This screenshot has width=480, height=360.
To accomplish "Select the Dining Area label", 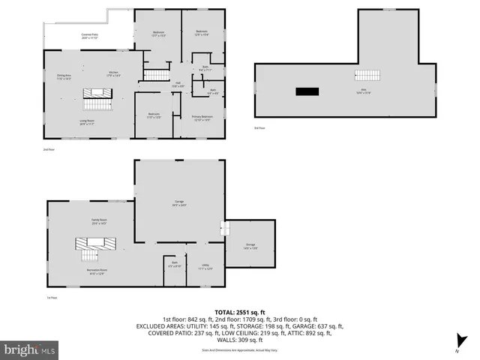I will (x=64, y=76).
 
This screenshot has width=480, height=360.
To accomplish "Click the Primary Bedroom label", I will (x=202, y=118).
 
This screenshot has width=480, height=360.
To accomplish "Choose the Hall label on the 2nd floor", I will (x=178, y=84).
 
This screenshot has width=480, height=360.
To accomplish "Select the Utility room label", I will (x=205, y=266).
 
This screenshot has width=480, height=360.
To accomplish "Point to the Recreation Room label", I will (x=96, y=272).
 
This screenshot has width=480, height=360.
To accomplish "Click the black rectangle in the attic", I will (x=307, y=91).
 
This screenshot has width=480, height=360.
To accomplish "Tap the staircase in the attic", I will (x=367, y=76).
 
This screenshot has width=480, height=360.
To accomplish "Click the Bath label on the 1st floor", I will (x=173, y=264).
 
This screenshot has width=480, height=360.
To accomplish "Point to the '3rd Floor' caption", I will (x=260, y=129).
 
